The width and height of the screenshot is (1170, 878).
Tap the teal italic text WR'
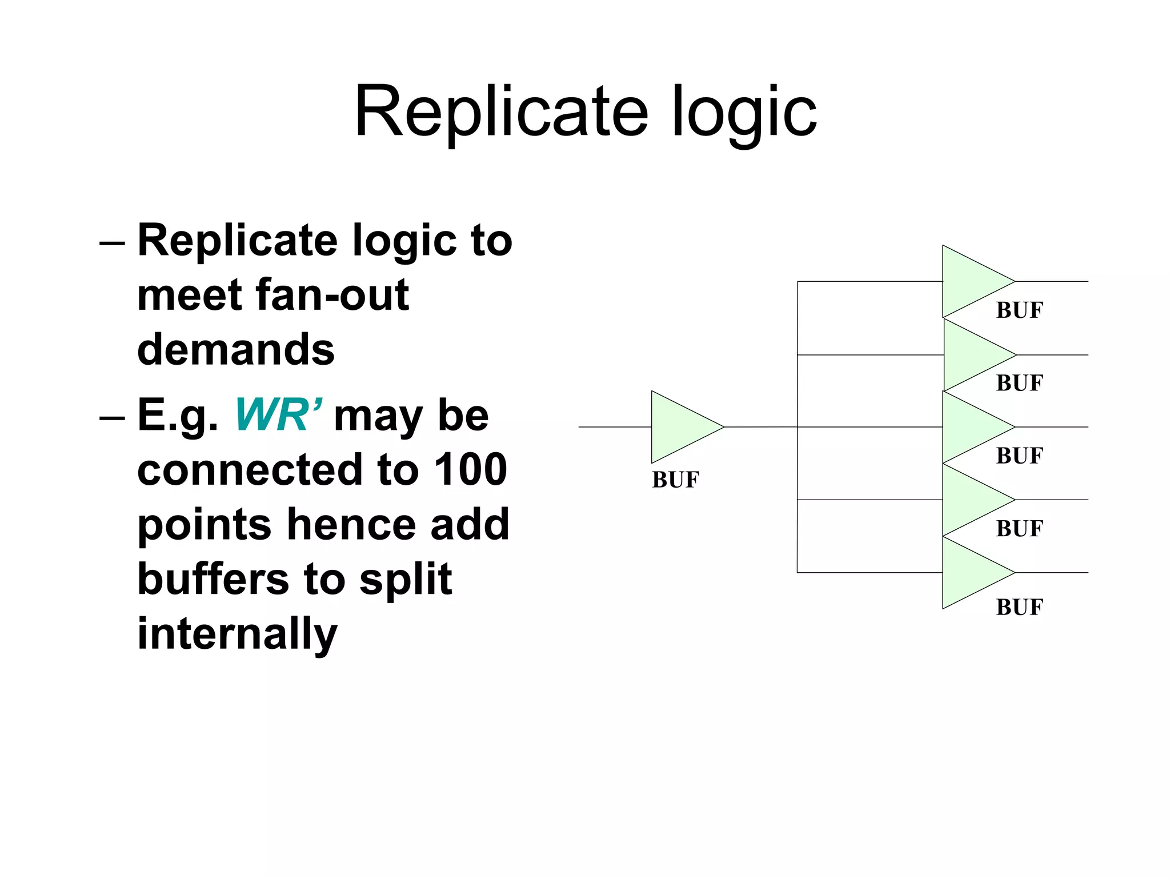coord(278,416)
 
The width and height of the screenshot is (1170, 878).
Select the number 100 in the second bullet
coord(470,470)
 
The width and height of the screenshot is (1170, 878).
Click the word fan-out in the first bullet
coord(332,296)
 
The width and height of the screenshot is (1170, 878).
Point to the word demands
coord(236,350)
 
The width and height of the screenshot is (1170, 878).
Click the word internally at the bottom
coord(238,634)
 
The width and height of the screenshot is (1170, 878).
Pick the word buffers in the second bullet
coord(213,579)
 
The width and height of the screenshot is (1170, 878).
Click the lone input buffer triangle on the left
coord(680,427)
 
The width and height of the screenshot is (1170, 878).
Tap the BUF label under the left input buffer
coord(675,480)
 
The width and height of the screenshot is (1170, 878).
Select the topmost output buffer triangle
coord(970,281)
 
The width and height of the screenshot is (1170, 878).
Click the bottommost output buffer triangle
coord(970,573)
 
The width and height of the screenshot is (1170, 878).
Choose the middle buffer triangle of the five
coord(970,427)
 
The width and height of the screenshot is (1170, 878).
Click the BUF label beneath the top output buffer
coord(1019,310)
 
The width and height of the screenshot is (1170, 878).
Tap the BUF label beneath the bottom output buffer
coord(1019,607)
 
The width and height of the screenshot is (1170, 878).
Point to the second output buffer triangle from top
coord(971,355)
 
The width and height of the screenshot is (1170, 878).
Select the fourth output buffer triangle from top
coord(970,500)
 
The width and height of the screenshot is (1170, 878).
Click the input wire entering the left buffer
coord(614,427)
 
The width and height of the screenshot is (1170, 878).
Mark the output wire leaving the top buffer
coord(1051,281)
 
